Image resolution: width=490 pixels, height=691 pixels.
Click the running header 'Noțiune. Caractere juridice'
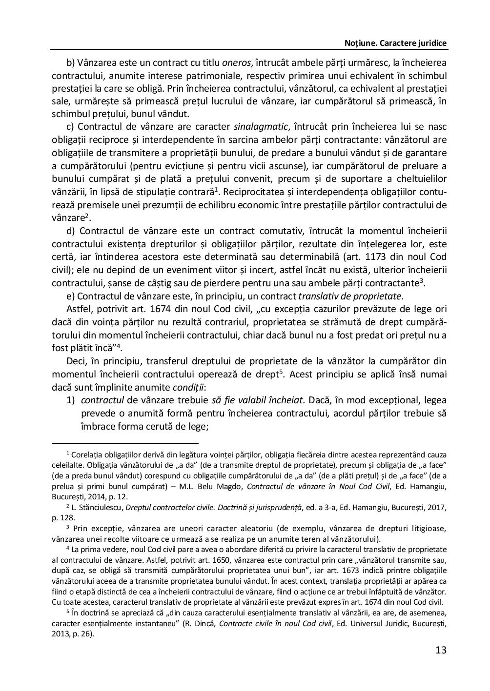(x=395, y=43)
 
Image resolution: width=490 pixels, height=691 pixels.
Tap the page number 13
(x=441, y=650)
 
